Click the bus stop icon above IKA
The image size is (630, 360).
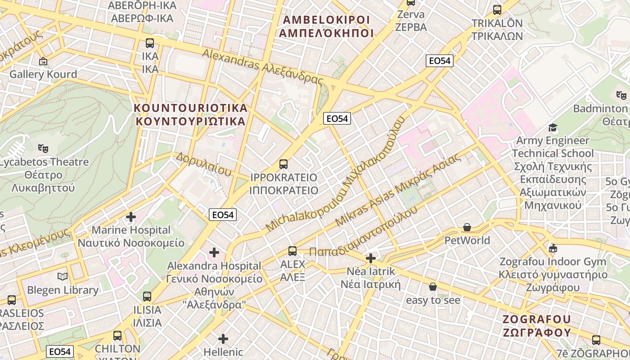(150, 43)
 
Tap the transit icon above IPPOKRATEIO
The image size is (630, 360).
(283, 164)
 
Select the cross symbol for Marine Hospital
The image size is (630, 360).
(131, 217)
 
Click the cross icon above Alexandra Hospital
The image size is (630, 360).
(214, 252)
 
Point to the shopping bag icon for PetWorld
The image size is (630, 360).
(467, 228)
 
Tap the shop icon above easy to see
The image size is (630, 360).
(433, 287)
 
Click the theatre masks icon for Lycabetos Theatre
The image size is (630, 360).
(43, 148)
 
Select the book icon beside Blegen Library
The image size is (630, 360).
(63, 277)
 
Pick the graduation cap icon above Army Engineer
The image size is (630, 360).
(553, 128)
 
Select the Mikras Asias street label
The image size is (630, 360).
(398, 189)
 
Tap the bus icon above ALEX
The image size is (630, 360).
(292, 251)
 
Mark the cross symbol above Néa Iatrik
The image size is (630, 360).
(371, 258)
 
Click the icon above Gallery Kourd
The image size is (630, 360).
(43, 61)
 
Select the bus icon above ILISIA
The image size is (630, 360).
(147, 297)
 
